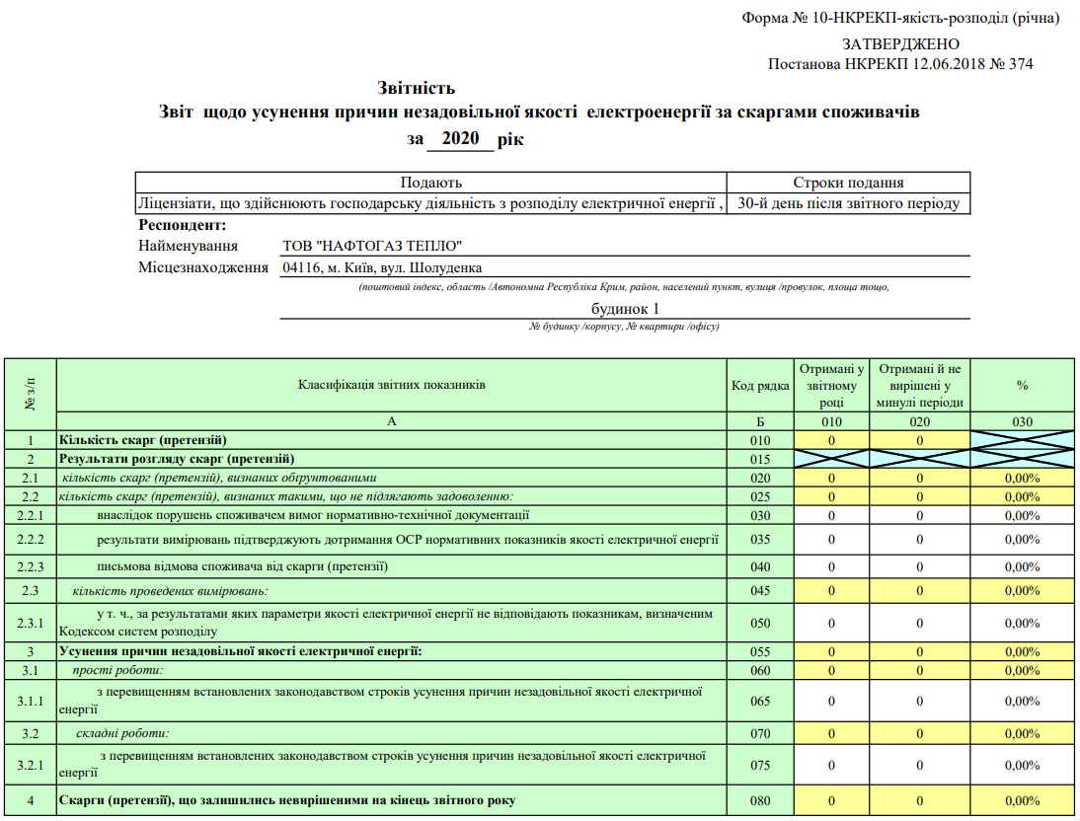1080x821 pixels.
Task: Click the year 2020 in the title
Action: click(460, 139)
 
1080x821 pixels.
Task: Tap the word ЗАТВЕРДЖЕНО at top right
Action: click(900, 44)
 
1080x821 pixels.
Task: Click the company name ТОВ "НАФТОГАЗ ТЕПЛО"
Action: click(372, 246)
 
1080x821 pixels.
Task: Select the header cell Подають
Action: click(430, 183)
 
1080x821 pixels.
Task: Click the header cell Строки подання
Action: click(848, 183)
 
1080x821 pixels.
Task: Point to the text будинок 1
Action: click(625, 308)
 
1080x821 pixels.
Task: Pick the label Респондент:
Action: click(184, 225)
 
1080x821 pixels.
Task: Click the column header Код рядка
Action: click(760, 386)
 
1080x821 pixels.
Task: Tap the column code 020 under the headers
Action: click(919, 421)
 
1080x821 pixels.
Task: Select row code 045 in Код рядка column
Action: click(760, 591)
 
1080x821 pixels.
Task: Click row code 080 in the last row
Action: click(760, 800)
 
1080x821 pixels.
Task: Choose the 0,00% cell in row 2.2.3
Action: click(1022, 567)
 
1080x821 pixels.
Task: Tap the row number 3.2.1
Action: click(30, 765)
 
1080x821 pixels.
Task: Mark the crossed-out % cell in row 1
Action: click(1022, 440)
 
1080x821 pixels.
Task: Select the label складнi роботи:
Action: click(122, 733)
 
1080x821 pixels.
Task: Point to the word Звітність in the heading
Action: click(416, 89)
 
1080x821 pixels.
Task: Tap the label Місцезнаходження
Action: click(204, 268)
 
